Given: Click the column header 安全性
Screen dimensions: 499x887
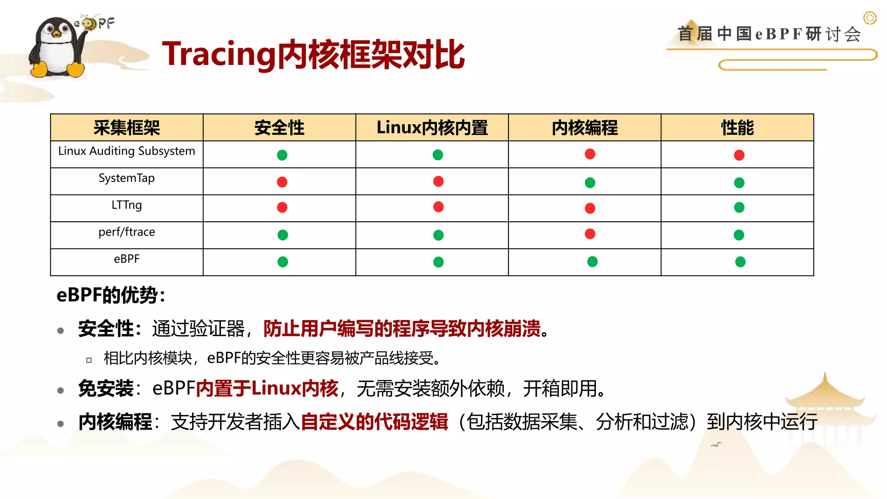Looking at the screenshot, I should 279,128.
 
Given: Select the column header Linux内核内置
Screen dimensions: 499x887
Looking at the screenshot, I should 432,128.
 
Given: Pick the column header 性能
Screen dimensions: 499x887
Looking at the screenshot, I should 737,128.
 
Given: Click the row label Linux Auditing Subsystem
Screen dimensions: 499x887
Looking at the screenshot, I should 126,151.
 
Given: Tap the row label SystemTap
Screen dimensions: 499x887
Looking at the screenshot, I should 126,178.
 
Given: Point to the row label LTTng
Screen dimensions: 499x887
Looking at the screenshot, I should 126,205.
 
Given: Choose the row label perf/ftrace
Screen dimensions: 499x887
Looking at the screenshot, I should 126,232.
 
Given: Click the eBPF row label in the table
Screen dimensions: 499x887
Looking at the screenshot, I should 126,259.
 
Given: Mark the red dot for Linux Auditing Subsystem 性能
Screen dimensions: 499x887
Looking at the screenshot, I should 739,155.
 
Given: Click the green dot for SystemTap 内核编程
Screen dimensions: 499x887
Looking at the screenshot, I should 589,183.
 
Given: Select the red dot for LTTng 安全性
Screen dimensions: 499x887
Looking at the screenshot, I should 282,207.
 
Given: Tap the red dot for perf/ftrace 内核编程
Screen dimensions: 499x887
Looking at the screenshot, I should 589,234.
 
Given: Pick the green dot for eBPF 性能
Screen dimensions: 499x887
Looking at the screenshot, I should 740,262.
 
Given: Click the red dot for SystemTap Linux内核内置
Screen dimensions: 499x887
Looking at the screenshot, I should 438,181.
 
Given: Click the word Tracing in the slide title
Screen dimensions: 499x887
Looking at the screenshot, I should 219,54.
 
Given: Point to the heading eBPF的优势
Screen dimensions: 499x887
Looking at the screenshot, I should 110,295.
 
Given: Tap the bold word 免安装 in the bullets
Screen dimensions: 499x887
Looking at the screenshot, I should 106,389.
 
